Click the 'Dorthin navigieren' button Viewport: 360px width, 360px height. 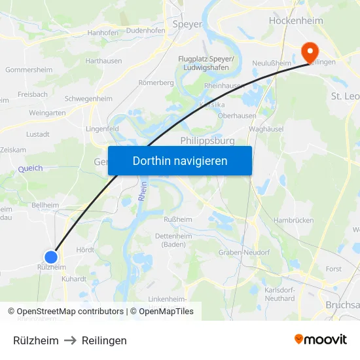180,160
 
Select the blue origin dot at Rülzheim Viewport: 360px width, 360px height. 50,257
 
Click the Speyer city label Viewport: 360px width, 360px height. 187,24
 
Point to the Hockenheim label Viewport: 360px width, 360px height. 296,21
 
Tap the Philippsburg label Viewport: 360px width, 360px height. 207,141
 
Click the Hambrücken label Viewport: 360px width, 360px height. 292,221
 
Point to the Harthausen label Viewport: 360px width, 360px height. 103,60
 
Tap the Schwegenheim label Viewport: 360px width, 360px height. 89,98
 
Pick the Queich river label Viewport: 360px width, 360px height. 30,169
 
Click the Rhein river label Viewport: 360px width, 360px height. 141,192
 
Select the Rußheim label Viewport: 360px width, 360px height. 177,219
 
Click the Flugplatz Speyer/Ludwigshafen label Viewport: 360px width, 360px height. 207,63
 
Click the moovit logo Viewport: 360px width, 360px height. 321,340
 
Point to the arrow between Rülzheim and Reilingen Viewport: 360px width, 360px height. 70,340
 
